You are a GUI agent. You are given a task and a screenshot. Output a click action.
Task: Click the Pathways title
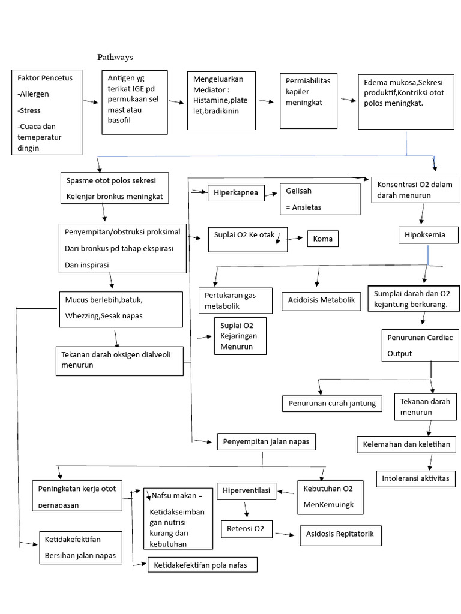(x=115, y=58)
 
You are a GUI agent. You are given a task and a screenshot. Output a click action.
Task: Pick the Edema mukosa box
(x=406, y=101)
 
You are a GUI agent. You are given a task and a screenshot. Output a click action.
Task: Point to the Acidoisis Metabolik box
(x=322, y=300)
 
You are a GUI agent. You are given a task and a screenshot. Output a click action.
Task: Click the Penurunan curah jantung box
(x=332, y=403)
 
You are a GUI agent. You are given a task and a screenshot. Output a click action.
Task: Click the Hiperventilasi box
(x=246, y=491)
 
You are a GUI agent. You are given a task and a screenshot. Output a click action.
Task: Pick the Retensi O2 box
(x=247, y=529)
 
